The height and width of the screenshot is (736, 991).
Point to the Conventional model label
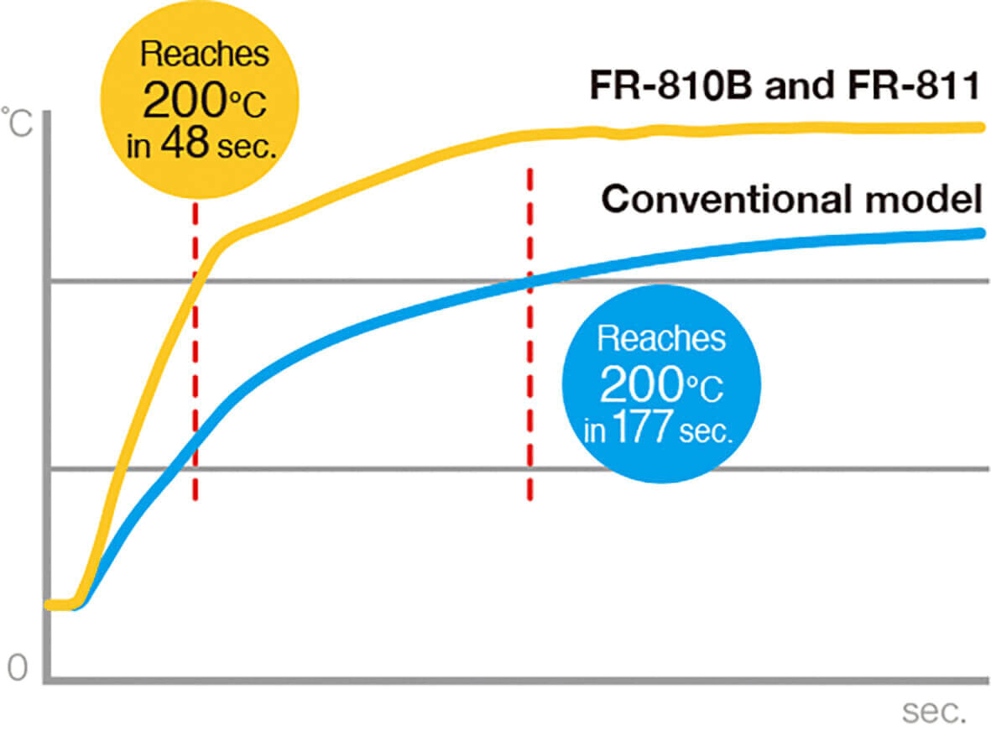tap(791, 200)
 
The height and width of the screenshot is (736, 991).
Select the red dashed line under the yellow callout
tap(195, 352)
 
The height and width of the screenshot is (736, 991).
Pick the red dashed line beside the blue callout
tap(529, 336)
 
